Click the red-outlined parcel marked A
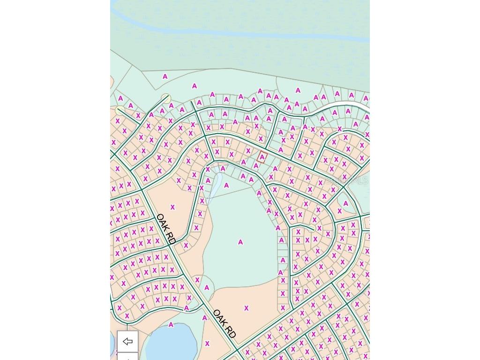tap(262, 157)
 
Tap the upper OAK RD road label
tap(165, 229)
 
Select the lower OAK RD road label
tap(224, 324)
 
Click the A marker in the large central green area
tap(240, 242)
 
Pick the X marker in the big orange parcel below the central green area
tap(246, 308)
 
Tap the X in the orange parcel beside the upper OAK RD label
tap(172, 207)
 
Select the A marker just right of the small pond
tap(226, 186)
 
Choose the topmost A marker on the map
tap(165, 76)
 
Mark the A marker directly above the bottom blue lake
tap(171, 325)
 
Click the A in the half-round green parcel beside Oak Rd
tap(207, 288)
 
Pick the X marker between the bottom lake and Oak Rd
tap(207, 344)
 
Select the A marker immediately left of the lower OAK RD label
tap(204, 318)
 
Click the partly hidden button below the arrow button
tap(127, 357)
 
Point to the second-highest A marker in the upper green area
tap(194, 86)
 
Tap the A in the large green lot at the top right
tap(298, 90)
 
